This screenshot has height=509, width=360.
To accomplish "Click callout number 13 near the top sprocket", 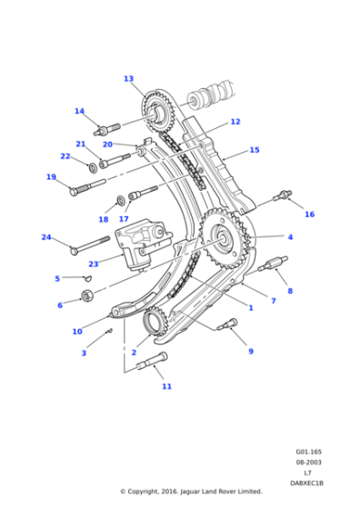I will [128, 79].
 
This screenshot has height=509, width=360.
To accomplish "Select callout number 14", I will [79, 112].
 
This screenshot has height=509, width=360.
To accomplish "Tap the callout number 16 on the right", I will [309, 215].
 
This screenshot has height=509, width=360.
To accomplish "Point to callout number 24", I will [45, 237].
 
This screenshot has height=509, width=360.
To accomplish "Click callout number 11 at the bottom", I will [166, 386].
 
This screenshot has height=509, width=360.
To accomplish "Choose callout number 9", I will [251, 351].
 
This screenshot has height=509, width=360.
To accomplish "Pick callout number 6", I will [60, 305].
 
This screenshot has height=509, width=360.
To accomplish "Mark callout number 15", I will [255, 150].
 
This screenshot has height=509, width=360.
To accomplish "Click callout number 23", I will [93, 264].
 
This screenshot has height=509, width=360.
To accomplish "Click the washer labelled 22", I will [95, 166].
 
